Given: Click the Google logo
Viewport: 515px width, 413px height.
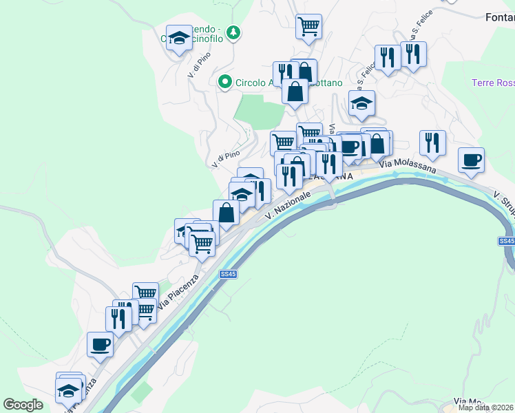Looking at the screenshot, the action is point(23,405).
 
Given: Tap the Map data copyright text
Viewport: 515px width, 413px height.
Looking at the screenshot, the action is point(485,407).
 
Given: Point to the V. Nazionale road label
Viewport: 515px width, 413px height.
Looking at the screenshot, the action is point(287,204).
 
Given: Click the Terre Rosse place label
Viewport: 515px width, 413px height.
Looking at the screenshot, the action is point(493,83).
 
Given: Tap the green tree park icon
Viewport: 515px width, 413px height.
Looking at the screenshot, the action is point(234,32).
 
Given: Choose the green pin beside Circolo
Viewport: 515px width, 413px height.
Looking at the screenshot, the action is point(224,83).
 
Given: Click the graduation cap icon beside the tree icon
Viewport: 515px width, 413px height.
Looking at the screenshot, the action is point(180,39).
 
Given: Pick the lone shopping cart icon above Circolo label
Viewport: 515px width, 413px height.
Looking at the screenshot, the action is point(309,27).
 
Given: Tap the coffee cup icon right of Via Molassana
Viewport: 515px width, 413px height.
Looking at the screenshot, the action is point(472,160).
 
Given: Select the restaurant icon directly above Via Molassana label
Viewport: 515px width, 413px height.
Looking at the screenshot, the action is point(432,142).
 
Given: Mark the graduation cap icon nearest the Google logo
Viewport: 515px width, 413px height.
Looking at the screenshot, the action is point(67,391).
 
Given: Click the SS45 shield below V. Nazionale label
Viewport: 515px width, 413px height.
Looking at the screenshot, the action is point(229,274).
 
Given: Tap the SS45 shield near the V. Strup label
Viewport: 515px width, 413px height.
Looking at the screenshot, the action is point(506,241).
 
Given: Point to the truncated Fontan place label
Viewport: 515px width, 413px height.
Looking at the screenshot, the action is point(500,17).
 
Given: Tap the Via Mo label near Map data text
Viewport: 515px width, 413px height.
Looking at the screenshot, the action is point(468,401).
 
